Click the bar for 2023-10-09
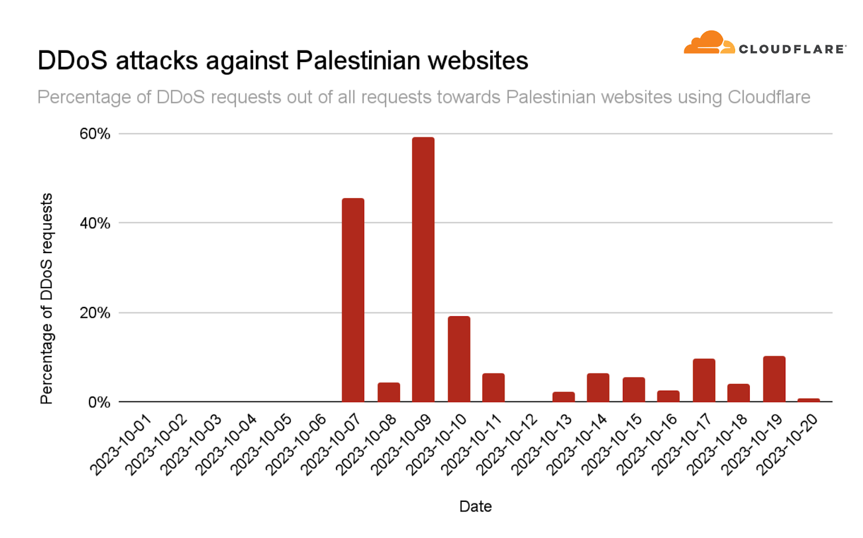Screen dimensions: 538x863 (423, 269)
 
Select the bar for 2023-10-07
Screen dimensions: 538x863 (353, 300)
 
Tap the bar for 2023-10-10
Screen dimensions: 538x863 (458, 359)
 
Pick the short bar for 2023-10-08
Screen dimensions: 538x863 (388, 392)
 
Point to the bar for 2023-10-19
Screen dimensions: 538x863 (774, 379)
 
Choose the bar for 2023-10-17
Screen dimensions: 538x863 (704, 380)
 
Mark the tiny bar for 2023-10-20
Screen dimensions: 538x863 (809, 400)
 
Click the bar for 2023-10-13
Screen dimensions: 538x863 (564, 397)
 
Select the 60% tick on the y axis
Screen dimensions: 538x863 (95, 134)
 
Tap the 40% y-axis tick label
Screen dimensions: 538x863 (95, 223)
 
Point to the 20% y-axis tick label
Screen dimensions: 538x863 (95, 313)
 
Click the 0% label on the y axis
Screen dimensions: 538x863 (99, 403)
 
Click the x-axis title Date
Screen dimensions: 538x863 (475, 506)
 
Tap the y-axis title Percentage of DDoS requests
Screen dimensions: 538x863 (47, 298)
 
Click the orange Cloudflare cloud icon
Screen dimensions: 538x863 (709, 43)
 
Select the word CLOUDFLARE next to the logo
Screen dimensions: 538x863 (791, 49)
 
